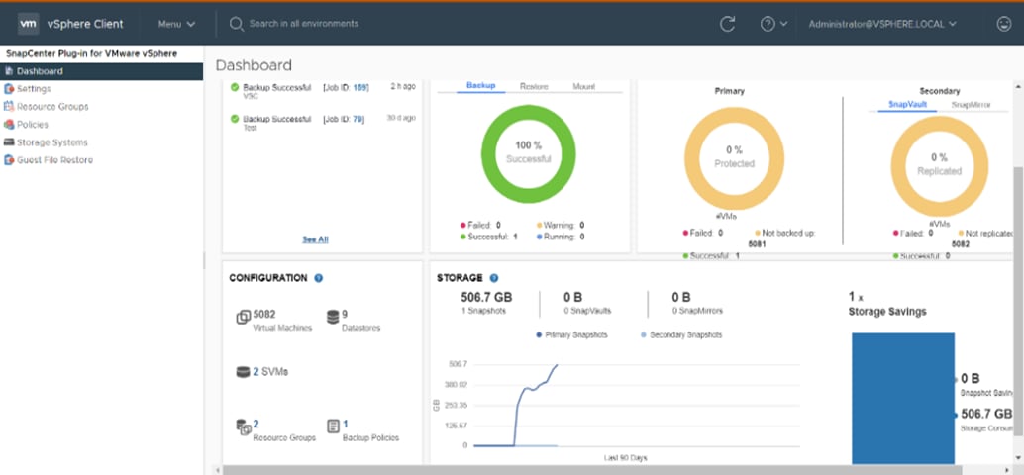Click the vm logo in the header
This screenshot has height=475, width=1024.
[x=28, y=23]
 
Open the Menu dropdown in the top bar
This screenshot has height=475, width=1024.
[x=176, y=24]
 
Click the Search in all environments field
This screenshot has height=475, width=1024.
[x=304, y=24]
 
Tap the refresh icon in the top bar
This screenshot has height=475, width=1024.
[x=728, y=24]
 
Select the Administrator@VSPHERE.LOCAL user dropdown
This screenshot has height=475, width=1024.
[x=881, y=24]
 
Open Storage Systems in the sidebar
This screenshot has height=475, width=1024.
[x=51, y=142]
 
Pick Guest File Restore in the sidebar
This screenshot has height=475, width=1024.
[x=54, y=160]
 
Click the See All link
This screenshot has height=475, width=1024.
[x=315, y=239]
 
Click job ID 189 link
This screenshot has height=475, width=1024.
[x=360, y=88]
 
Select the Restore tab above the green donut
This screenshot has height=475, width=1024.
[x=534, y=87]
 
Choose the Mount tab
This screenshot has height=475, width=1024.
[x=584, y=87]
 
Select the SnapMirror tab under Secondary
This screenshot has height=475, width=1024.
[x=971, y=104]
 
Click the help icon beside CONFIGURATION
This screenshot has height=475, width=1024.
[x=319, y=278]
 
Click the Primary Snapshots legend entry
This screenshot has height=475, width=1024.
[x=572, y=334]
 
